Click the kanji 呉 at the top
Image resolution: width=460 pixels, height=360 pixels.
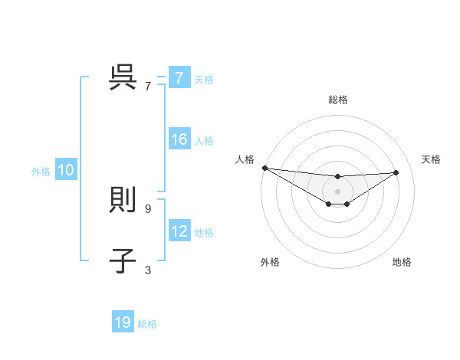123,77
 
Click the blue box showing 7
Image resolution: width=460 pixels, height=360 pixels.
179,78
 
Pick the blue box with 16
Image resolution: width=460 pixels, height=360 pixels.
179,139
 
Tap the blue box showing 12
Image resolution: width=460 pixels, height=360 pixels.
179,231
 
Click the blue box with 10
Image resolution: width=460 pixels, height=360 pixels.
65,171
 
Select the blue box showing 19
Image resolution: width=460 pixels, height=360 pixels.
123,322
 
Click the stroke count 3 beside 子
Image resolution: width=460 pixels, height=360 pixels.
148,270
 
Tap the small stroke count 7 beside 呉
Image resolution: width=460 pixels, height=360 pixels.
148,86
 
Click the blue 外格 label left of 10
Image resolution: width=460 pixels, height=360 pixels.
41,172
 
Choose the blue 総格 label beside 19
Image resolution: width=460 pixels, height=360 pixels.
147,324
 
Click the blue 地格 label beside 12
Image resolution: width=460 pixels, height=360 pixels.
204,232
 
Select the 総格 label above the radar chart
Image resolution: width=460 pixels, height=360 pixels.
338,100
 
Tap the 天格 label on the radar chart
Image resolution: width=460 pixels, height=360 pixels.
432,159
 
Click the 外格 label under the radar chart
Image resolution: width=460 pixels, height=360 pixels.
270,262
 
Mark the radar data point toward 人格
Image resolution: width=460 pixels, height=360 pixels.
264,167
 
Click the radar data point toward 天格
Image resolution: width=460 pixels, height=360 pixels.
396,172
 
